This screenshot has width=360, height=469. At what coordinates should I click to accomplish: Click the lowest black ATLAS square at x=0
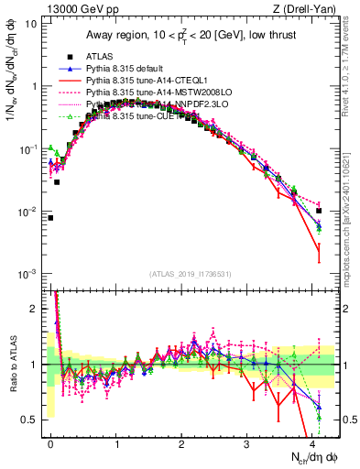pos(50,218)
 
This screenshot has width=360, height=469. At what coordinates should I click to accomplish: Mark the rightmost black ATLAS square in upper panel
pos(319,211)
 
